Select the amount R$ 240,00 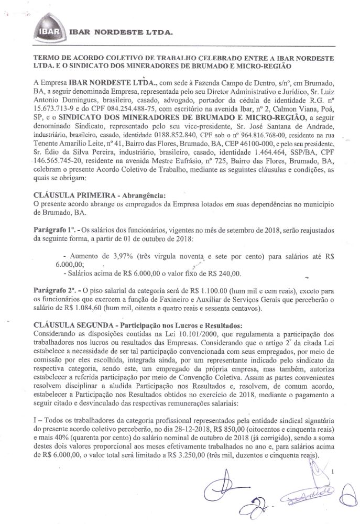click(x=224, y=273)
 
